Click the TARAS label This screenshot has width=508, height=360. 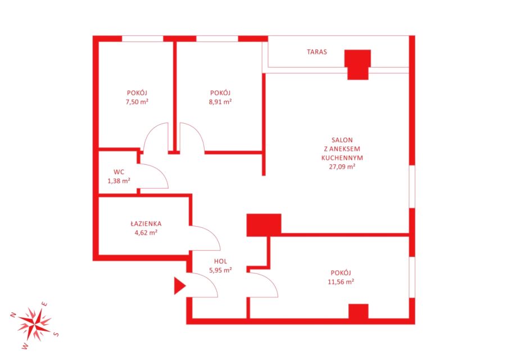(x=317, y=52)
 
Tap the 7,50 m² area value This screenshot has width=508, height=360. (x=137, y=102)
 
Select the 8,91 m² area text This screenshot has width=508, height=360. (x=220, y=102)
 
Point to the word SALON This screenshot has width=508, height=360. (x=342, y=140)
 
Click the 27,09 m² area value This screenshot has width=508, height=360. (x=342, y=166)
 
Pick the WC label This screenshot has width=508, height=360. (x=119, y=172)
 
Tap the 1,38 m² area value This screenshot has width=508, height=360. (x=119, y=181)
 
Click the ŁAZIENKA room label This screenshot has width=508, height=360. (x=146, y=223)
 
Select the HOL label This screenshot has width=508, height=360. (x=220, y=261)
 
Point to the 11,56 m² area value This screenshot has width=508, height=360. (x=341, y=282)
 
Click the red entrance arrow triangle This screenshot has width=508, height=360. (x=179, y=286)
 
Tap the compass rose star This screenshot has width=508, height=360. (x=34, y=324)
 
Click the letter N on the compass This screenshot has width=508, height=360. (x=13, y=314)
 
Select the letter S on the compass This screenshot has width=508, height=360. (x=56, y=334)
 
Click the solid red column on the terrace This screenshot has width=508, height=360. (x=357, y=65)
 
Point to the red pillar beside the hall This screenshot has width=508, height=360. (x=264, y=225)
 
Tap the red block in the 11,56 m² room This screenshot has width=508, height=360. (x=359, y=312)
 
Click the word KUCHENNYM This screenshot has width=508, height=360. (x=342, y=158)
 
